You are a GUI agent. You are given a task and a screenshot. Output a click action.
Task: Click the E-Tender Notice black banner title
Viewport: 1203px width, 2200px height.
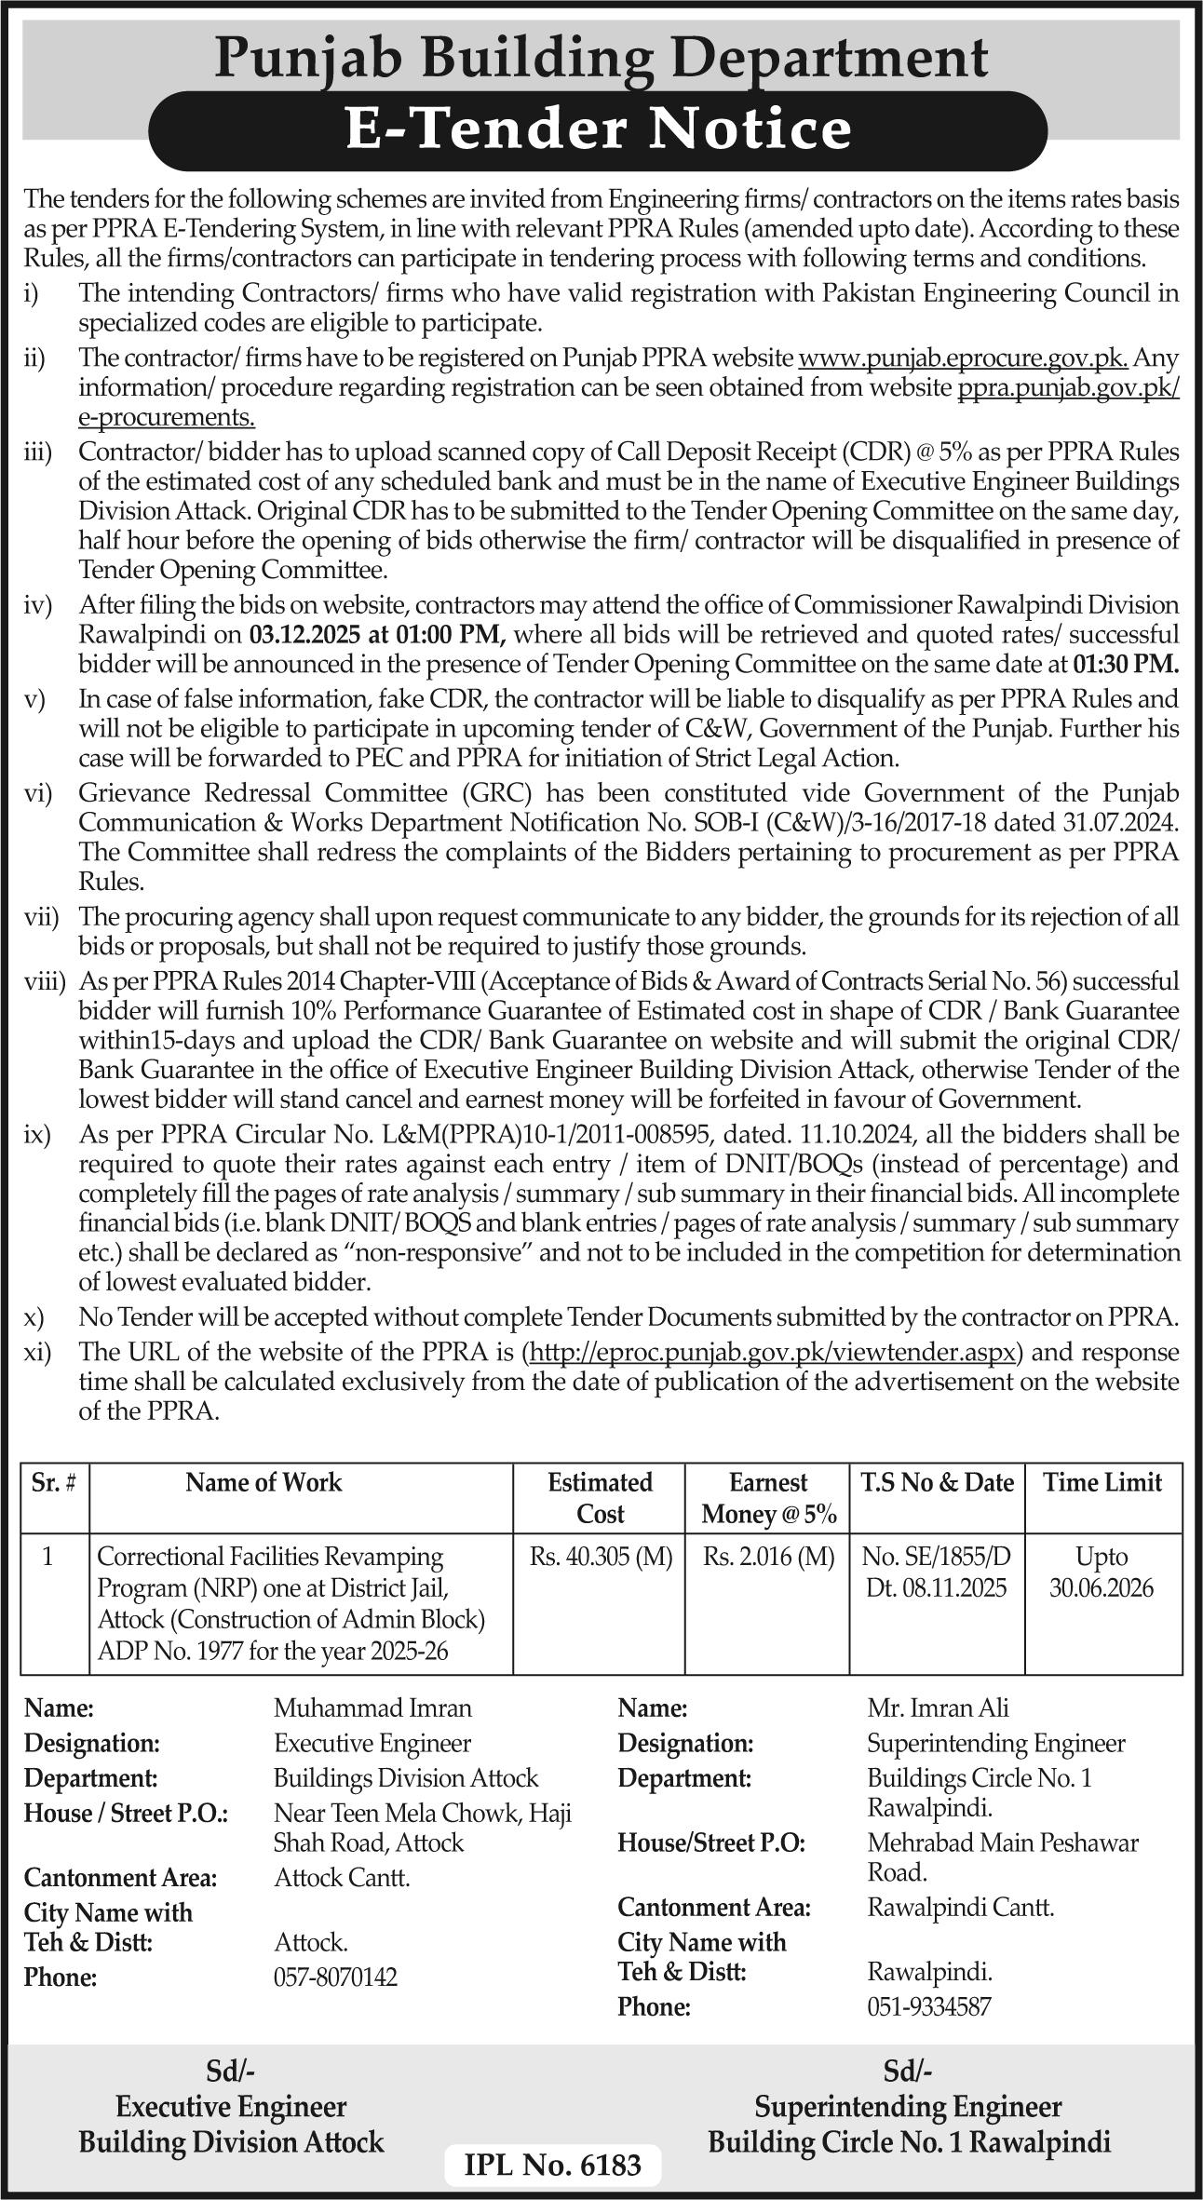point(598,129)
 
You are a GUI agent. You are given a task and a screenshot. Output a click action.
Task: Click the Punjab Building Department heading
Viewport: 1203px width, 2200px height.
point(601,58)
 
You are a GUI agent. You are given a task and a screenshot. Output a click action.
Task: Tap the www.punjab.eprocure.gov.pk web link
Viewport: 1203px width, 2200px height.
point(964,358)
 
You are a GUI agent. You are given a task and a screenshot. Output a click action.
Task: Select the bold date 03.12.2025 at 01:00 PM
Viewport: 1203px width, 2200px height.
point(377,635)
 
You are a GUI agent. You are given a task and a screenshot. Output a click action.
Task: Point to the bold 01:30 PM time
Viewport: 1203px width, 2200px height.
point(1126,665)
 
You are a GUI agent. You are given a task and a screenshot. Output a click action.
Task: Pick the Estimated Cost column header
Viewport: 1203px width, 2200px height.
point(600,1497)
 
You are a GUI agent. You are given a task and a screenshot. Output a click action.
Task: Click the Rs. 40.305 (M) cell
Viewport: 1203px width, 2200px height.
point(601,1557)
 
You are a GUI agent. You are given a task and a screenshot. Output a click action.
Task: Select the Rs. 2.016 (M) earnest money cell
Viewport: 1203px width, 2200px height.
point(768,1557)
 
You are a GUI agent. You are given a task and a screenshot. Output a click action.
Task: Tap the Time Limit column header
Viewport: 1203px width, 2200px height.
point(1102,1482)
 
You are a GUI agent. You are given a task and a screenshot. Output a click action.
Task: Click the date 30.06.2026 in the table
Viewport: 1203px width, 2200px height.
point(1102,1587)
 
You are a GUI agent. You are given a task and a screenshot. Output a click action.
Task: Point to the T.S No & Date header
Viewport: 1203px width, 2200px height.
point(937,1482)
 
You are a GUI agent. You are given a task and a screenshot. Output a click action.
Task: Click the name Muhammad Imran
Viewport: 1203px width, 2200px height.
point(372,1707)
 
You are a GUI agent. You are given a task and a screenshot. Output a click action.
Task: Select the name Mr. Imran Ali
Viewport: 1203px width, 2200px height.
point(938,1707)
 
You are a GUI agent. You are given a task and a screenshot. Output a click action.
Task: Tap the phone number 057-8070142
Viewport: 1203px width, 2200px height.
point(335,1977)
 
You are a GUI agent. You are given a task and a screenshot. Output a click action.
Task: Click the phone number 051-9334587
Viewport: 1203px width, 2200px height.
point(928,2006)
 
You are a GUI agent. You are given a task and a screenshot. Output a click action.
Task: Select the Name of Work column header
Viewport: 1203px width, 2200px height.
point(264,1482)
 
